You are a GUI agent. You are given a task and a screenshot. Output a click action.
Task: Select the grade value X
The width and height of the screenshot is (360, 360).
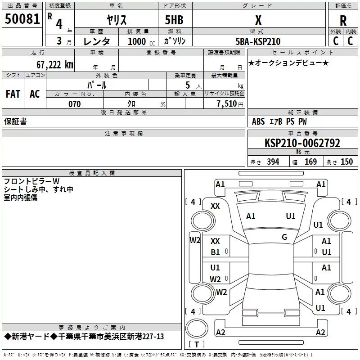[x=258, y=20]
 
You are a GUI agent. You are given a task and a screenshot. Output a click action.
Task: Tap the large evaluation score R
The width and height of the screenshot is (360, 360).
[x=343, y=21]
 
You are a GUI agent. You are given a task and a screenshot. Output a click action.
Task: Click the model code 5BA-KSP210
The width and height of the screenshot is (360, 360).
[x=258, y=41]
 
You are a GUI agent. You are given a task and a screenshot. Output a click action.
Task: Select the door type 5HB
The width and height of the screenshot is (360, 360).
[x=174, y=20]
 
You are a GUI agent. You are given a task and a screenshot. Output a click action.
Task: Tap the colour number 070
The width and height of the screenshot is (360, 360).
[x=74, y=104]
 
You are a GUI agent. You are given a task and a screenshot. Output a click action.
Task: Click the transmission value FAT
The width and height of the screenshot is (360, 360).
[x=13, y=94]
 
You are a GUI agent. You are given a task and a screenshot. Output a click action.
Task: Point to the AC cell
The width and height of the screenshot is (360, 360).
[x=35, y=94]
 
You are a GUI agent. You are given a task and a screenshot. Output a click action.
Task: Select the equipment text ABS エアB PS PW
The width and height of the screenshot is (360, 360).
[x=279, y=121]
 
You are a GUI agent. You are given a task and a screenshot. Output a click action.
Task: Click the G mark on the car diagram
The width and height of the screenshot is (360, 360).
[x=284, y=237]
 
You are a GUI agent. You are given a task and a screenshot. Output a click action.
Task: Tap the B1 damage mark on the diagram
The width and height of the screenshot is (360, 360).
[x=216, y=252]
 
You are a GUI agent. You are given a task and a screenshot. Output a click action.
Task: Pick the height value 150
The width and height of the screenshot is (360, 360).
[x=346, y=162]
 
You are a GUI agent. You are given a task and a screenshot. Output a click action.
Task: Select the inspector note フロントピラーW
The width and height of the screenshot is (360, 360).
[x=31, y=181]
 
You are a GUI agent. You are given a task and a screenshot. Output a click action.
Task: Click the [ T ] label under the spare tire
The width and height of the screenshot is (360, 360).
[x=196, y=345]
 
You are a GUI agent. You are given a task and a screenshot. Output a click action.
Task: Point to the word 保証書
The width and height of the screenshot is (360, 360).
[x=15, y=121]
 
